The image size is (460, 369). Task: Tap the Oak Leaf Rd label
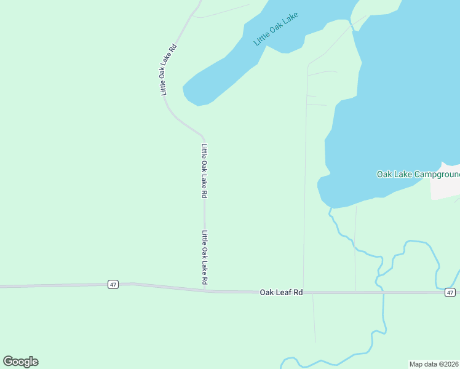click(281, 293)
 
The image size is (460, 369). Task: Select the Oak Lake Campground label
click(418, 175)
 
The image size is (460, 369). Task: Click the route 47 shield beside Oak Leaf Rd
click(451, 293)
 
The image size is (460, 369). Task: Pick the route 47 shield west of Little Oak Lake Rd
click(113, 284)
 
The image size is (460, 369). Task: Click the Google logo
click(20, 362)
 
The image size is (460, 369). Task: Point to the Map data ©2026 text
click(434, 364)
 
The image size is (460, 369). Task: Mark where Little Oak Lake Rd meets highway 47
click(205, 290)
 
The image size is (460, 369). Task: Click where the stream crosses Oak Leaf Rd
click(383, 293)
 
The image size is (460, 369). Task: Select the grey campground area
click(445, 183)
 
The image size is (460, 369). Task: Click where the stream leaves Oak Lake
click(330, 209)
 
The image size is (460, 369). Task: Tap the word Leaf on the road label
click(282, 293)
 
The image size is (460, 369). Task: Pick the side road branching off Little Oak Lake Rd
click(221, 12)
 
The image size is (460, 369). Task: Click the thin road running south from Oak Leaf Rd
click(314, 320)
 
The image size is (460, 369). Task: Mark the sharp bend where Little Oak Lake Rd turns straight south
click(203, 135)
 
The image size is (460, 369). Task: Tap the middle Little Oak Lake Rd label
click(204, 170)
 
